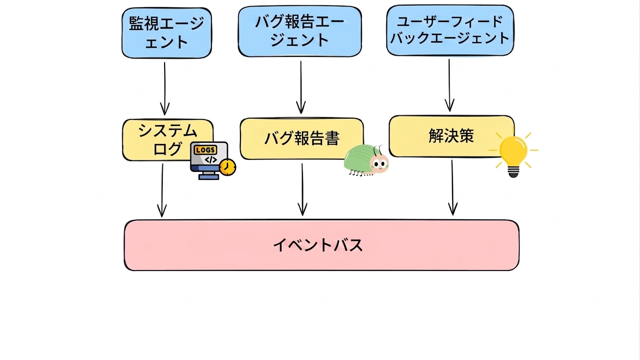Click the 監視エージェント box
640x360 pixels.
click(167, 33)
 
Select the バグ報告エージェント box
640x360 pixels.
click(300, 31)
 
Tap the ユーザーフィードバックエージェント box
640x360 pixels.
click(450, 30)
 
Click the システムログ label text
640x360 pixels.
click(168, 140)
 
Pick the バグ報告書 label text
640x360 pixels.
click(302, 138)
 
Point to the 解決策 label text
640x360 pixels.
click(452, 136)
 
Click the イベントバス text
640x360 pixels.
click(318, 245)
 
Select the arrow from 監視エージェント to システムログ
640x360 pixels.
click(165, 89)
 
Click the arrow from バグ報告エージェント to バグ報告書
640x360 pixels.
click(301, 88)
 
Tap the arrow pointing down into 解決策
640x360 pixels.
click(450, 85)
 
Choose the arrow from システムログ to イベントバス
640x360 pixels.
click(162, 190)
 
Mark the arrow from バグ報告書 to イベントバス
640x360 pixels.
click(302, 189)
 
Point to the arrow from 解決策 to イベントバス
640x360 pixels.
click(452, 187)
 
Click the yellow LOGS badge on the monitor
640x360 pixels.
click(205, 150)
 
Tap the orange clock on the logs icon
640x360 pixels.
click(227, 167)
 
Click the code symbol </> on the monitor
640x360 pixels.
click(211, 160)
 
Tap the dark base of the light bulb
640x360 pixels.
click(513, 172)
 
